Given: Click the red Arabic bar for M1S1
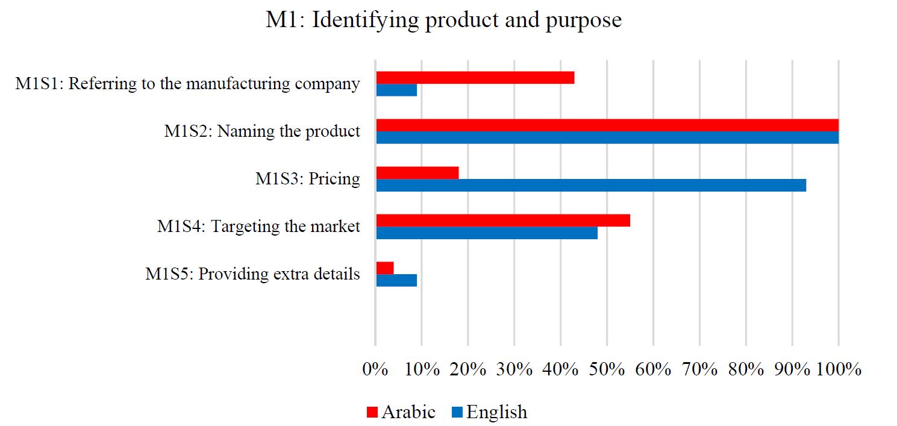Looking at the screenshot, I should [475, 78].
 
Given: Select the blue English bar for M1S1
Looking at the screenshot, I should [396, 90].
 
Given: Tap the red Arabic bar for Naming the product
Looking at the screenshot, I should [607, 125].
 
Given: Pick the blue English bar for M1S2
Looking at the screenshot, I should [607, 137].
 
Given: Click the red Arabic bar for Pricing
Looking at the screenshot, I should [417, 172].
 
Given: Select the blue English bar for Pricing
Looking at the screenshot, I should [591, 185].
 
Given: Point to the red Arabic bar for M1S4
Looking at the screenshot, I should [503, 220].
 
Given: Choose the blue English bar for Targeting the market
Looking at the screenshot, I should [487, 233].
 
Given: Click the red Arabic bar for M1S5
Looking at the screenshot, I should [385, 268].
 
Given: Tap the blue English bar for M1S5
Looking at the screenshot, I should [396, 280].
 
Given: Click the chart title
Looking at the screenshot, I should [443, 20].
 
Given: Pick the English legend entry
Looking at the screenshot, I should [489, 412].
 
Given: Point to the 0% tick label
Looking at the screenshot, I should [375, 369].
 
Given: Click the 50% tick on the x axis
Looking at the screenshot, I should [607, 369].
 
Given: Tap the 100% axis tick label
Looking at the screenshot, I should [839, 369].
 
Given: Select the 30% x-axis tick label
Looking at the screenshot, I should [514, 369].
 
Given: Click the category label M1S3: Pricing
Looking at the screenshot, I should [307, 179].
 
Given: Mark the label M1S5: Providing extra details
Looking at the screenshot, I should [252, 274].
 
